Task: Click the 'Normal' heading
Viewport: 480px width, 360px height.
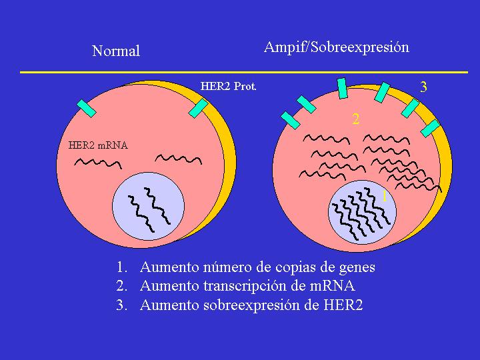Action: tap(116, 51)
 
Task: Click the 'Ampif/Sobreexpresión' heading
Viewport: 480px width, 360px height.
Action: tap(337, 47)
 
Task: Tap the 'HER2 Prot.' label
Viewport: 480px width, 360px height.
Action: tap(229, 86)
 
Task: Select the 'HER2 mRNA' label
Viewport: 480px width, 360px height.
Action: tap(98, 145)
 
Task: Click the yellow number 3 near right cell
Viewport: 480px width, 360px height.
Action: tap(423, 87)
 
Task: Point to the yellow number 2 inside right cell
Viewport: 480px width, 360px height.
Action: tap(356, 119)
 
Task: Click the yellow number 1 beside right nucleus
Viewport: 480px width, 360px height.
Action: tap(384, 196)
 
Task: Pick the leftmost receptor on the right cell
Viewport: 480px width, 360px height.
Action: tap(291, 120)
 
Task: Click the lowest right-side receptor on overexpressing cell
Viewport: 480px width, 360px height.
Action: tap(431, 128)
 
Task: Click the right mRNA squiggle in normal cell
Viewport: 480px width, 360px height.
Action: tap(178, 159)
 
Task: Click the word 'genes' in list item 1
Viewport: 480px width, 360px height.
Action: tap(357, 267)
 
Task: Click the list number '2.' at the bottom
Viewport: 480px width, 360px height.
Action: tap(121, 287)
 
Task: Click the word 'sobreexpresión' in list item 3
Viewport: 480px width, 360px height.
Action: tap(258, 306)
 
